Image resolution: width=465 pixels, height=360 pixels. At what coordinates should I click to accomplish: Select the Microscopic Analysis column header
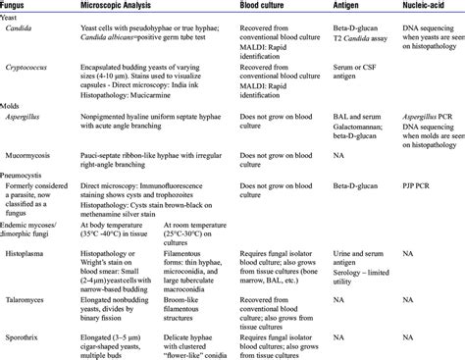coord(129,7)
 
